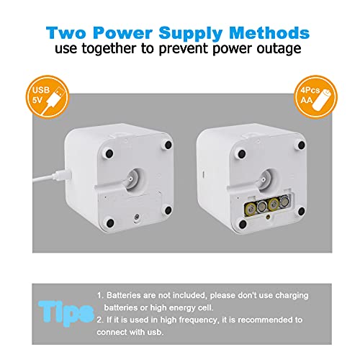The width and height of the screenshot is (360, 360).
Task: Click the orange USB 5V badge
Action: coord(48,96)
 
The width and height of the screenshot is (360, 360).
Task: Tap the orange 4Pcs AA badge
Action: coord(315,96)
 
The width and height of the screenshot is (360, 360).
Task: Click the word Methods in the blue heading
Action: coord(269,32)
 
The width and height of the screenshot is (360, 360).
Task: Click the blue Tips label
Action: coord(66,312)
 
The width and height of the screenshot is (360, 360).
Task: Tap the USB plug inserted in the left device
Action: coord(63,174)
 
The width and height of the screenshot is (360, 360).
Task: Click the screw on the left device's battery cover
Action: coord(137,217)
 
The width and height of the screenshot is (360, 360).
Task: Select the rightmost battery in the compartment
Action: coord(284,202)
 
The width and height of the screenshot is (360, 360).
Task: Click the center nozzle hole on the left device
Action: coord(131,179)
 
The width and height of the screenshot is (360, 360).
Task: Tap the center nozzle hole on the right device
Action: coord(264,179)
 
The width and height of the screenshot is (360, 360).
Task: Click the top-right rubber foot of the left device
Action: coord(168,145)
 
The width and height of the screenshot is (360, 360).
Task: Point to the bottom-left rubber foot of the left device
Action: coord(110,223)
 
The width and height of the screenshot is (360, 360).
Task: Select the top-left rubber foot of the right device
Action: coord(242,154)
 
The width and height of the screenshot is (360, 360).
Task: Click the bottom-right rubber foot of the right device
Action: coord(301,211)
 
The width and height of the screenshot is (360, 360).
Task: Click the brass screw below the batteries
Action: coord(268,217)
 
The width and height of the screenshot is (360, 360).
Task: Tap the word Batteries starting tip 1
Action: coord(124,295)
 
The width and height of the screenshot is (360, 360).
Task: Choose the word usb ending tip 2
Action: coord(156,332)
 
